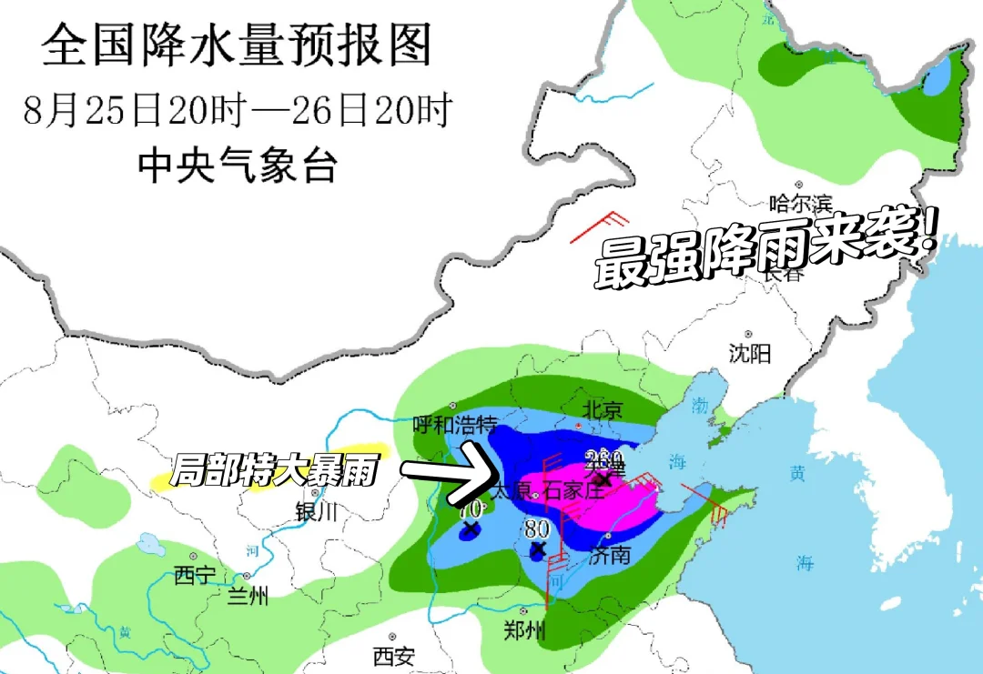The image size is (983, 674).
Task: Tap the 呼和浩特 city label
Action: tap(455, 425)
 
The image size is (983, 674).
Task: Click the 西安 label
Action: tap(393, 655)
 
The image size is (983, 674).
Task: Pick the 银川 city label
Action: tap(316, 512)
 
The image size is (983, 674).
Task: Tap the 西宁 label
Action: tap(196, 576)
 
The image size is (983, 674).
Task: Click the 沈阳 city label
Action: tap(750, 353)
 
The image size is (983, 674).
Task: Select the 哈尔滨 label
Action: tap(801, 203)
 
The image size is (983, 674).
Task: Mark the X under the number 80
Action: tap(537, 549)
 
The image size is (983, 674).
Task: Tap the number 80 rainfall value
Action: tap(536, 528)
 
